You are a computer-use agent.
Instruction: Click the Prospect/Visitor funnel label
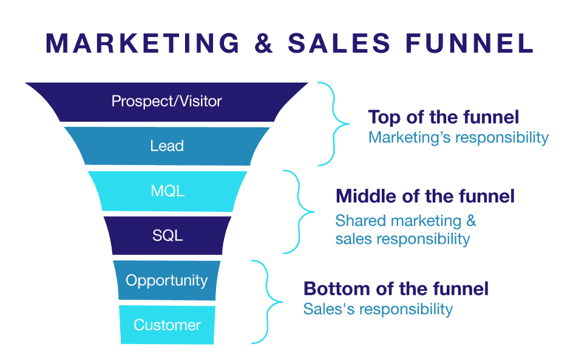(167, 101)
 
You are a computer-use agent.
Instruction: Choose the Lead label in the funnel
(167, 146)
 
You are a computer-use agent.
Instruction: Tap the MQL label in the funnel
(168, 191)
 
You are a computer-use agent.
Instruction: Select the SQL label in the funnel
(168, 236)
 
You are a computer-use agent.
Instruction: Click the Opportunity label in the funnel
(167, 280)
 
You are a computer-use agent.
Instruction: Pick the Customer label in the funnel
(167, 325)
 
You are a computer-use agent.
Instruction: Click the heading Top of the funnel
(444, 117)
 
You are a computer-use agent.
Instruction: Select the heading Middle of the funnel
(425, 196)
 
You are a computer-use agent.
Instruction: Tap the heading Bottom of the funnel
(396, 288)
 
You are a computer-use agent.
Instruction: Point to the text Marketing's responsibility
(458, 137)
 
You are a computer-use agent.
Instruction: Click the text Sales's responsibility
(378, 309)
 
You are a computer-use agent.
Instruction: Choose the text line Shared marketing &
(405, 220)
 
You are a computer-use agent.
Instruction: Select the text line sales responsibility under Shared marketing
(402, 239)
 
